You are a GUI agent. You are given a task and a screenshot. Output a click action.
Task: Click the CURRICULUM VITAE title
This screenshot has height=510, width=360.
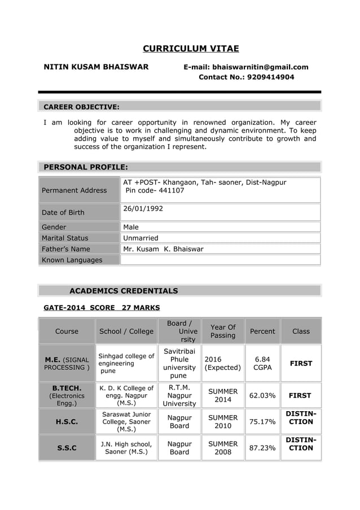190,49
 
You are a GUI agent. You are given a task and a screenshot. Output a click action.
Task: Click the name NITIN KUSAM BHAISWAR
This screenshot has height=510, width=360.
96,67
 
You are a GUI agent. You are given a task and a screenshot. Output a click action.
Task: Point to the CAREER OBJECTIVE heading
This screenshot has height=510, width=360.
81,107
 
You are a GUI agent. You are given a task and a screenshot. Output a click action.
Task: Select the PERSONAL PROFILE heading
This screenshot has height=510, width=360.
86,167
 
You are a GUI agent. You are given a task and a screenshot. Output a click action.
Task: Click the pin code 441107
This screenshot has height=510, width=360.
170,190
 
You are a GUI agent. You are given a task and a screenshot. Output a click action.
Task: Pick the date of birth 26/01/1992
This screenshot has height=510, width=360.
143,208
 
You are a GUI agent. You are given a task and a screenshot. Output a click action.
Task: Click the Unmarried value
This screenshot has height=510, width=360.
141,238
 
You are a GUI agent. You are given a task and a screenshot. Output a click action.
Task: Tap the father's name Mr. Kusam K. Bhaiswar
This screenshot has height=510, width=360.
163,249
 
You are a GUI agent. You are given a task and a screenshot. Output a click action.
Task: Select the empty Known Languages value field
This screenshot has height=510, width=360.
220,260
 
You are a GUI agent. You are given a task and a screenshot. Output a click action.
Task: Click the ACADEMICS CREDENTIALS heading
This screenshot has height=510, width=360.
124,291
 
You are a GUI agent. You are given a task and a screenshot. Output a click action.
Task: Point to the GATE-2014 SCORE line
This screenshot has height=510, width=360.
102,308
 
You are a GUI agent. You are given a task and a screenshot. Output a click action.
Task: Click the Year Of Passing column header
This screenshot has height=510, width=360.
223,332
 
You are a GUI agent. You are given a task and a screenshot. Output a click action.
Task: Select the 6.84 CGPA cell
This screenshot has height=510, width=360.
262,363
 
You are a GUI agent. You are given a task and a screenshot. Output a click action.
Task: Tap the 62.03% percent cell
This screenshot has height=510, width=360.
262,395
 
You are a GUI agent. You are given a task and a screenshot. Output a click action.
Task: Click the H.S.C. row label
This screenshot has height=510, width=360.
67,421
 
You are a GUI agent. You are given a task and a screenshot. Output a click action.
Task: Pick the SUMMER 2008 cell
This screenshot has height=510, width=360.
223,448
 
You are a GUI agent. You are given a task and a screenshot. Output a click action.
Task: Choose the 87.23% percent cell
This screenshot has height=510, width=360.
262,448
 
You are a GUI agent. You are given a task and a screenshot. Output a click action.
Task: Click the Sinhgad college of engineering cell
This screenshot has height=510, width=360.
126,363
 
